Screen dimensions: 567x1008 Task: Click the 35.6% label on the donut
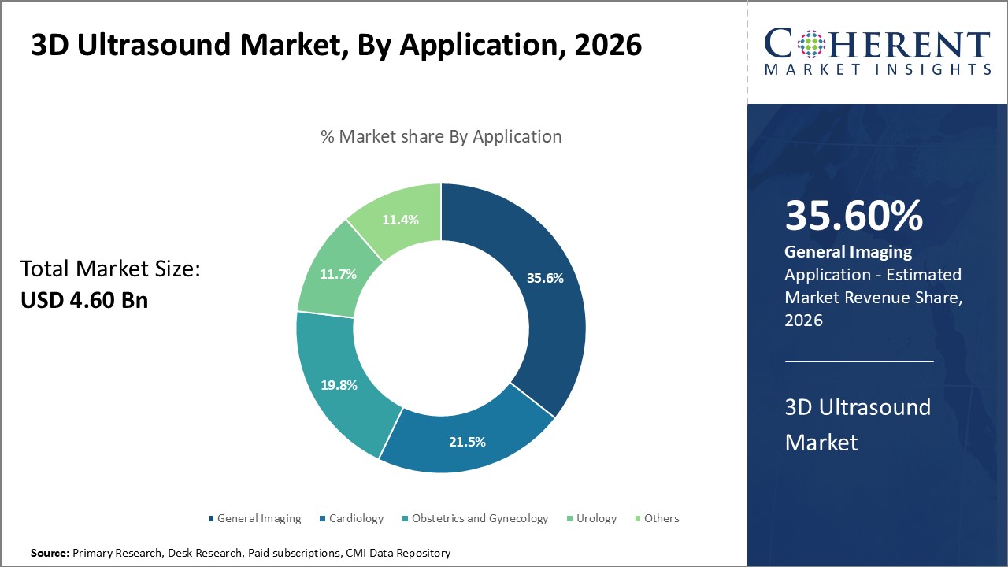[x=545, y=277]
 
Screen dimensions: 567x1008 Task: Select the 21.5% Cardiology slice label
[x=467, y=442]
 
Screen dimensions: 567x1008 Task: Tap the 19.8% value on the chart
[x=339, y=385]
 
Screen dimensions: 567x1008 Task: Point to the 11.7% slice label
[x=338, y=274]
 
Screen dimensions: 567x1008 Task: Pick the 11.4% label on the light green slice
[x=402, y=220]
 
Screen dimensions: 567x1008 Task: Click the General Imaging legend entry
[x=254, y=518]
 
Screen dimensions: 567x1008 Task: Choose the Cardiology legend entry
[x=351, y=518]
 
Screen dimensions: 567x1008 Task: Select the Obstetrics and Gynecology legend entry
[x=475, y=518]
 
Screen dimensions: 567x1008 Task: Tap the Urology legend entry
[x=591, y=518]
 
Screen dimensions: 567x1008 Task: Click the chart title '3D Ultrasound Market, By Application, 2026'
[x=336, y=46]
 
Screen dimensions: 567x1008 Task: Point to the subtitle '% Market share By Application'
[x=441, y=136]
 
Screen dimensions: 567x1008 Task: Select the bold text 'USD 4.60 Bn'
[x=84, y=300]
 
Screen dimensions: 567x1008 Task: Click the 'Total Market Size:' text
[x=111, y=269]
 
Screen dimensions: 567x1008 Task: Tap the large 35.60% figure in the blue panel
[x=854, y=216]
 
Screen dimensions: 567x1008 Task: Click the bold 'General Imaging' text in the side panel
[x=848, y=252]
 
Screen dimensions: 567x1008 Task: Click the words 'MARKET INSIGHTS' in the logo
[x=877, y=69]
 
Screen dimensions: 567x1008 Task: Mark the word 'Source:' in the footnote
[x=50, y=554]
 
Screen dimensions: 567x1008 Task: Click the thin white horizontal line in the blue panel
[x=859, y=361]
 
